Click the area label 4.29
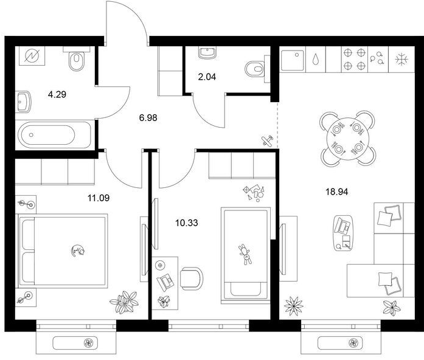(57, 95)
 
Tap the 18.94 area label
(337, 192)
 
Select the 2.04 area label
(207, 77)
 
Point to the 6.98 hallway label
(148, 118)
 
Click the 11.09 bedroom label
(99, 198)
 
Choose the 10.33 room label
(187, 223)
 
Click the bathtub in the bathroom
(54, 134)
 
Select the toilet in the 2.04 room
(257, 69)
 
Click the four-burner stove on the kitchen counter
(355, 59)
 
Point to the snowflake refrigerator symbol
(401, 60)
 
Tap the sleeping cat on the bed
(78, 251)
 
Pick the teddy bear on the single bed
(246, 254)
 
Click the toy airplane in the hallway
(267, 140)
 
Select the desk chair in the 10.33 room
(192, 279)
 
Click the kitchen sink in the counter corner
(293, 60)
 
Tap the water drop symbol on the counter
(315, 59)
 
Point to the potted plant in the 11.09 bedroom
(124, 302)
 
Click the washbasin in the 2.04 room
(207, 52)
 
